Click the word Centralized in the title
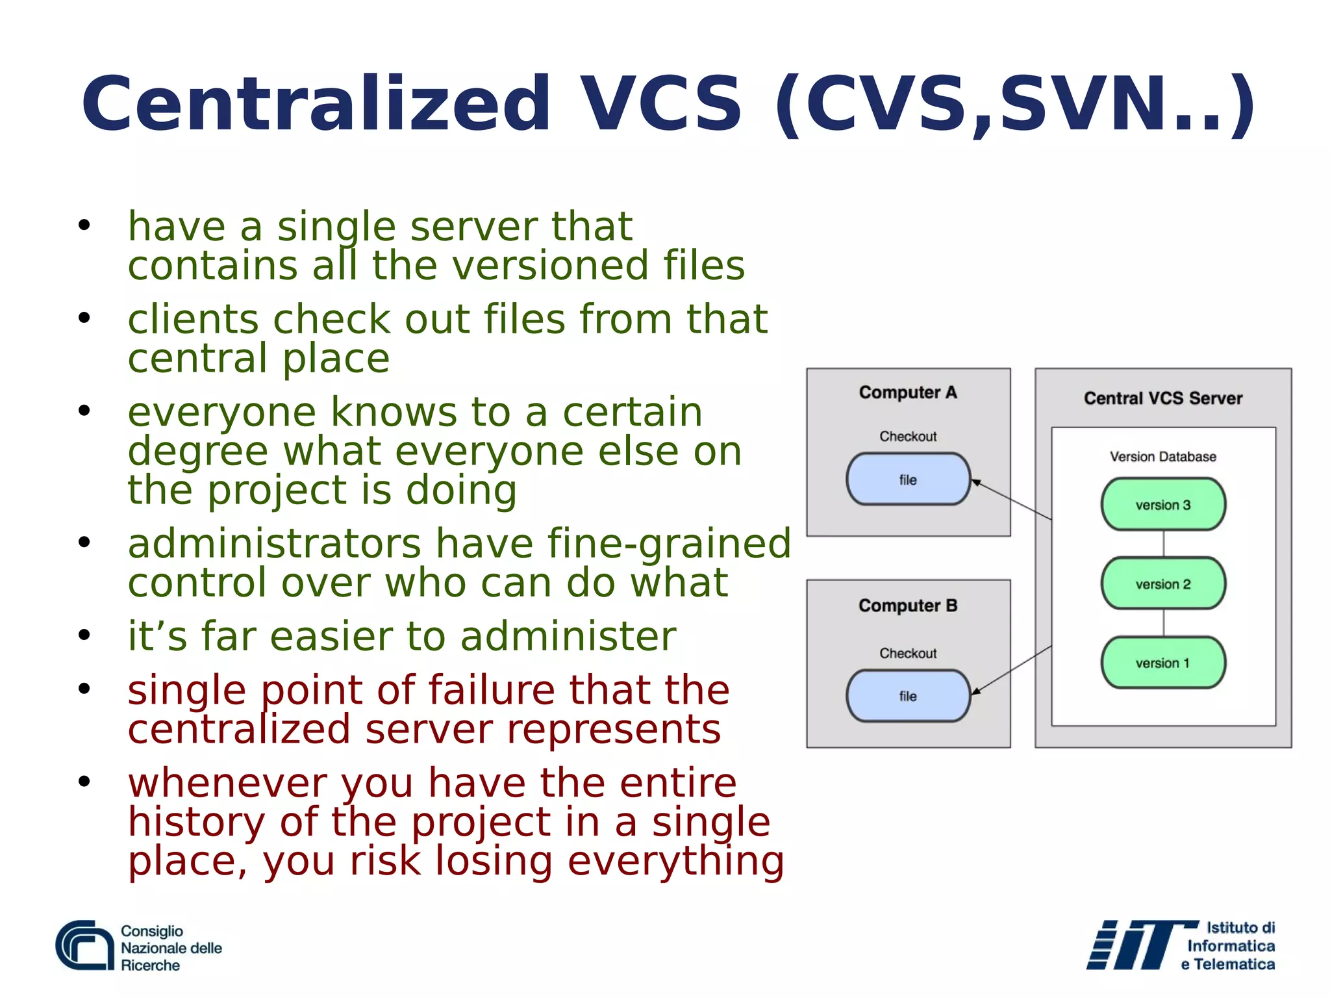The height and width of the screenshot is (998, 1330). coord(316,104)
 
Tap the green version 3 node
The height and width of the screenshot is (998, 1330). coord(1163,504)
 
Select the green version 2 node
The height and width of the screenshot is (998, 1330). coord(1163,583)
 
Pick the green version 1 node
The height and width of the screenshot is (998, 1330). coord(1163,663)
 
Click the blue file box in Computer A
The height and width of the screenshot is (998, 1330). coord(908,480)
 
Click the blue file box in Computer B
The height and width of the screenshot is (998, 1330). coord(908,696)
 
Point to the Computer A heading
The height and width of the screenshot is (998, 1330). coord(908,392)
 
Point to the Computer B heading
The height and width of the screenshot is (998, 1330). coord(908,606)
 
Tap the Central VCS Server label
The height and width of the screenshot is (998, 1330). coord(1162,398)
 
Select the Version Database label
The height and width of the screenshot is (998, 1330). coord(1162,457)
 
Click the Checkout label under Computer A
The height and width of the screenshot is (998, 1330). coord(908,436)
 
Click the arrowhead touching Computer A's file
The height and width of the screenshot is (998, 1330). coord(976,483)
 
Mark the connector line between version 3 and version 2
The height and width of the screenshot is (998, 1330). coord(1163,544)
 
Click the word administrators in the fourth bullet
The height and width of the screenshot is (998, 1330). coord(275,544)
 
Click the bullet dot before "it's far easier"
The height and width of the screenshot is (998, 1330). coord(84,635)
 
